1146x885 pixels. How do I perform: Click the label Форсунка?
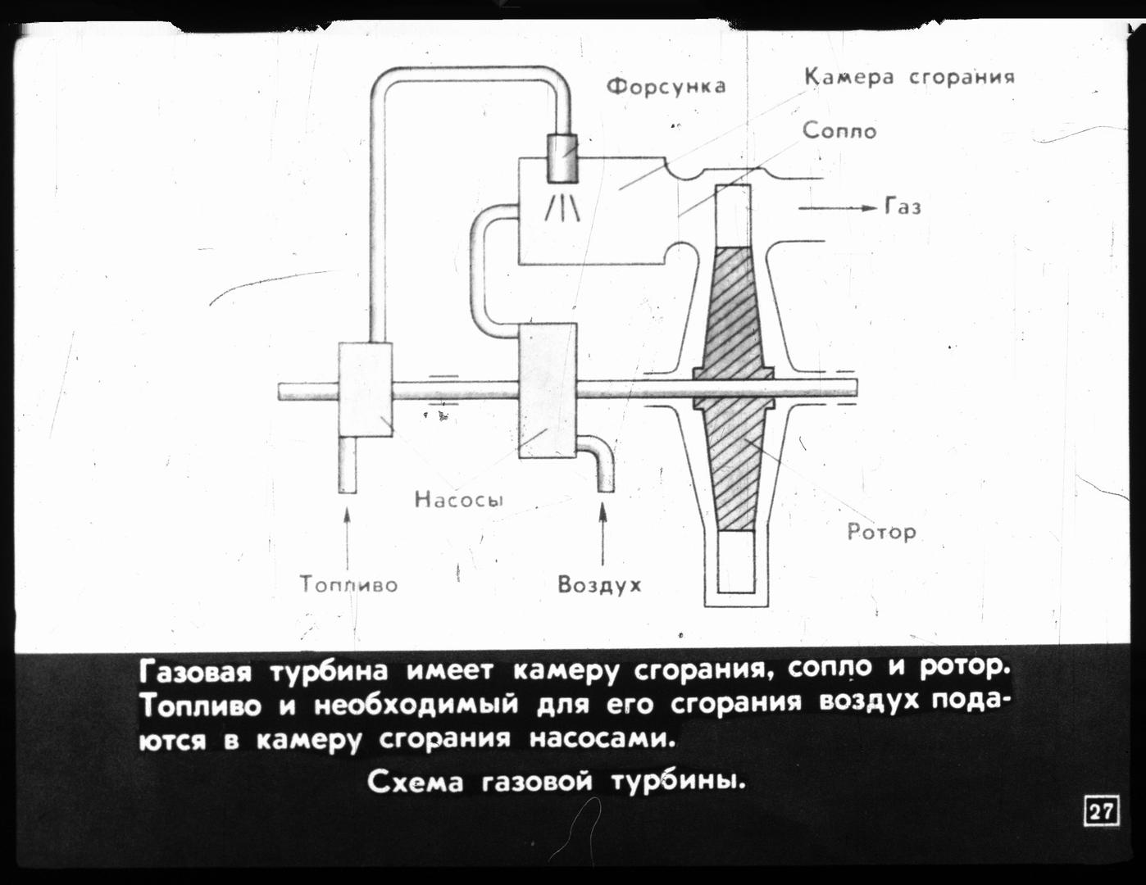click(x=666, y=87)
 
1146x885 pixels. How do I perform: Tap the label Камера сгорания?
click(x=910, y=77)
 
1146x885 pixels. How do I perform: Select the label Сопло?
click(x=839, y=131)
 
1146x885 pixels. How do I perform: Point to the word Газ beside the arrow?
click(x=903, y=206)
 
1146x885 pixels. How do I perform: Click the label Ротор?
click(x=881, y=533)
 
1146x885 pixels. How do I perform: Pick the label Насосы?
click(x=459, y=499)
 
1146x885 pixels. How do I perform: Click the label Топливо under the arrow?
click(x=348, y=584)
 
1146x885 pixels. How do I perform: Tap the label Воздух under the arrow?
click(x=599, y=585)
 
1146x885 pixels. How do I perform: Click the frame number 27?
click(x=1101, y=827)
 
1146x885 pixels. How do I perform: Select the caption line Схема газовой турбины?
click(x=557, y=783)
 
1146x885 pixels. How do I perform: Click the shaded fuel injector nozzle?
click(x=562, y=158)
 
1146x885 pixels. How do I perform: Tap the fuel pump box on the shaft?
click(x=366, y=389)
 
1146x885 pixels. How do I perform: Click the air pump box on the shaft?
click(x=548, y=391)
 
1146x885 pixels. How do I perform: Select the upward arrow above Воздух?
click(x=603, y=533)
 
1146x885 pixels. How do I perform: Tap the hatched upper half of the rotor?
click(x=733, y=311)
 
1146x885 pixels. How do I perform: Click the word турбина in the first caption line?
click(x=329, y=671)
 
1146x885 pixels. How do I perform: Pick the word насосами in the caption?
click(x=602, y=739)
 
